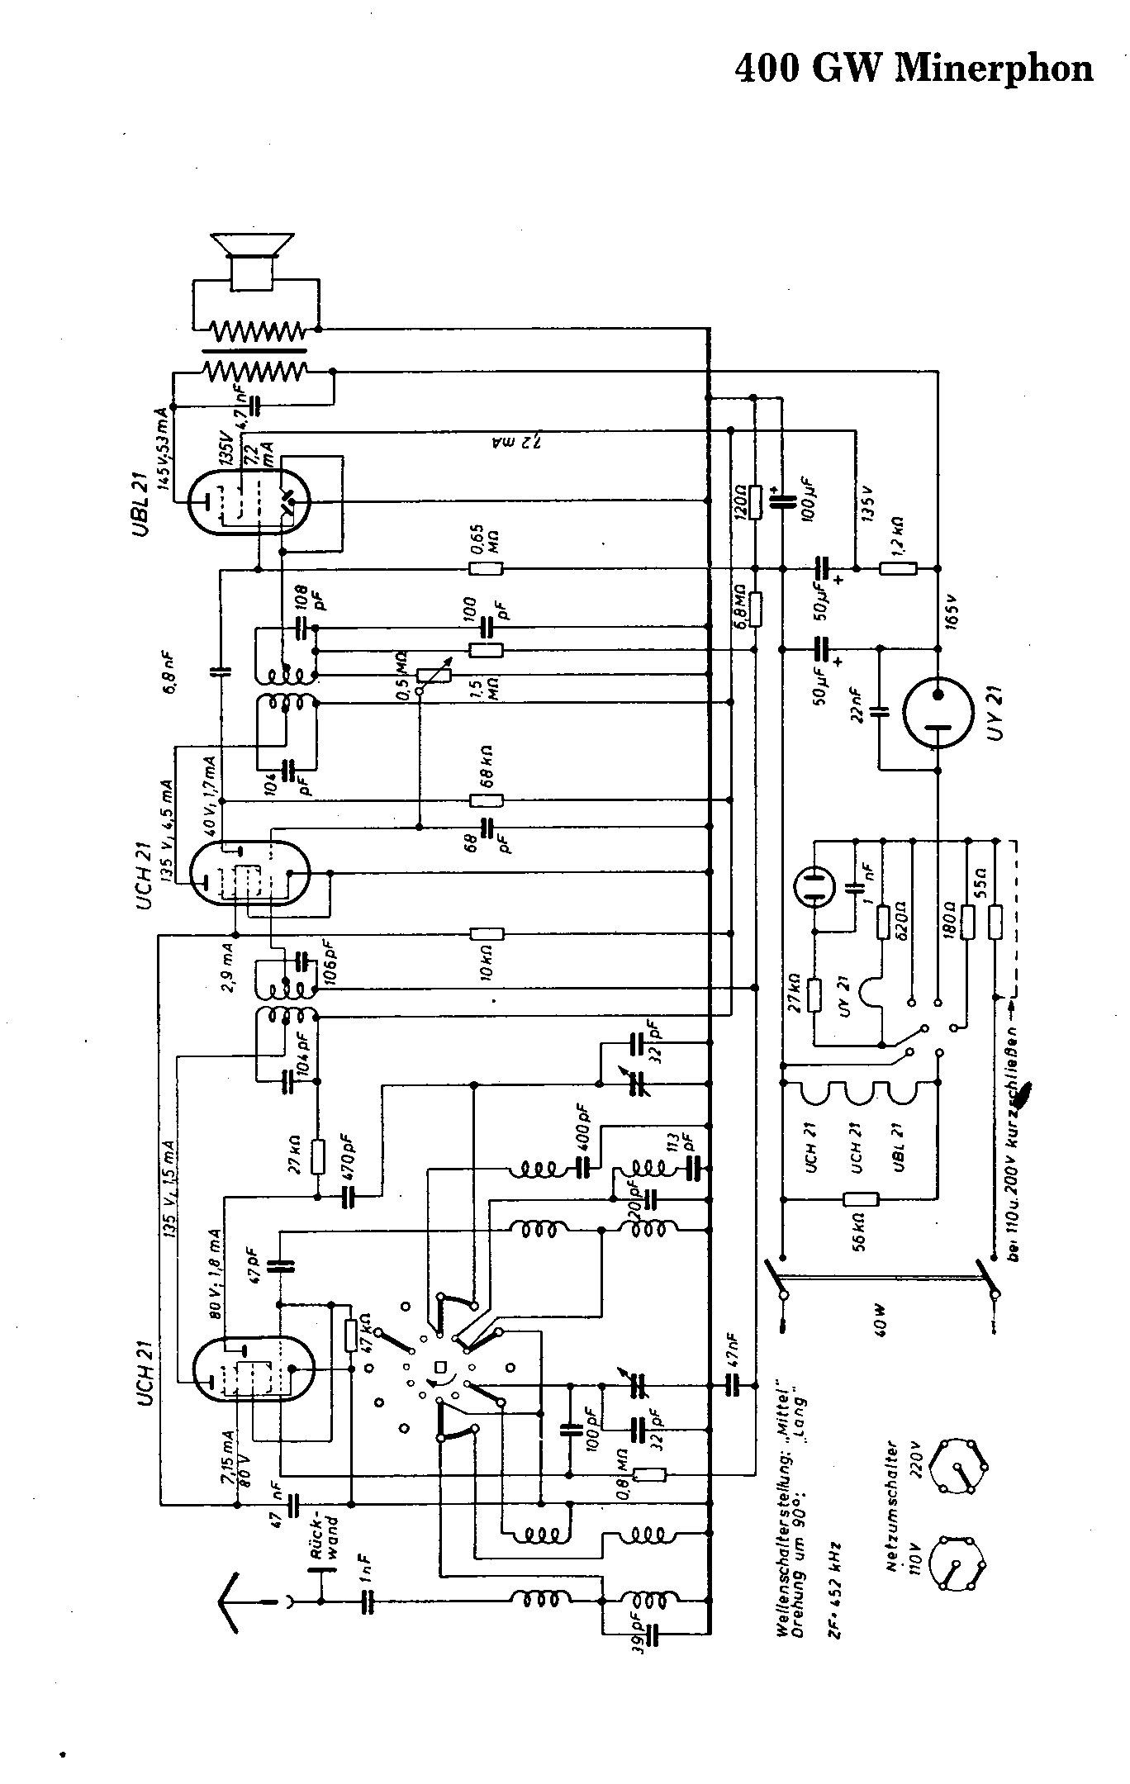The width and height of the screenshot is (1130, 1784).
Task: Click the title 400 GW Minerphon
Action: click(x=914, y=68)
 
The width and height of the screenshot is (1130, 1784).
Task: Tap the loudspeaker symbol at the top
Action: click(x=252, y=260)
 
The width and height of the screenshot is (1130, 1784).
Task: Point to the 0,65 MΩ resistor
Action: click(x=486, y=568)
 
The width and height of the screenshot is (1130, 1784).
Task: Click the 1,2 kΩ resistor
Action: click(x=898, y=568)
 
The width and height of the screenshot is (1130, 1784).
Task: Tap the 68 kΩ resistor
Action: click(x=486, y=800)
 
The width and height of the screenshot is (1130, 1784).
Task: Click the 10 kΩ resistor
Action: click(x=486, y=934)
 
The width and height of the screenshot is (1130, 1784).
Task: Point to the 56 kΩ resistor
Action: click(x=860, y=1199)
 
